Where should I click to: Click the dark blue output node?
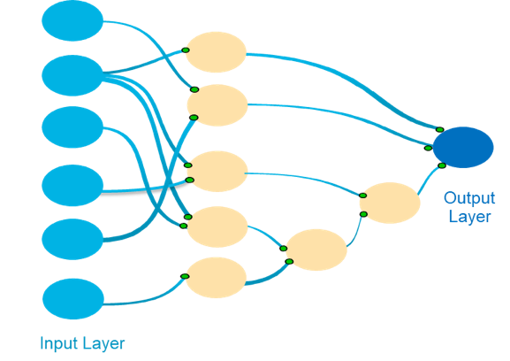click(x=463, y=148)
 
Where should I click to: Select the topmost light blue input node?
click(x=72, y=20)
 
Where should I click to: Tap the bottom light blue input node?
click(x=73, y=299)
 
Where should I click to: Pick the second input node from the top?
click(x=72, y=75)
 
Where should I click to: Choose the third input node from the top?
click(x=72, y=127)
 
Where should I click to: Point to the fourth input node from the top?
click(x=72, y=185)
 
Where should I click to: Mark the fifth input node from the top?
click(x=72, y=239)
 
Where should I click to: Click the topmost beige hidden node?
click(x=216, y=52)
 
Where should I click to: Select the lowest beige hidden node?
click(x=216, y=278)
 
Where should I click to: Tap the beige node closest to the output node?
click(x=390, y=203)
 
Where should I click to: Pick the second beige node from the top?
click(x=217, y=105)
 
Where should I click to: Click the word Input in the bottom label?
click(x=59, y=343)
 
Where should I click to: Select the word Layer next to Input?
click(x=103, y=344)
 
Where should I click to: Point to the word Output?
click(x=469, y=197)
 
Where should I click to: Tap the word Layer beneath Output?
click(x=469, y=217)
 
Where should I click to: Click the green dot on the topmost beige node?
click(x=186, y=50)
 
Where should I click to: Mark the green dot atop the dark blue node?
click(x=440, y=129)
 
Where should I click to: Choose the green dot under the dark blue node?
click(x=442, y=165)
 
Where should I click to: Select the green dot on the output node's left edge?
click(x=428, y=148)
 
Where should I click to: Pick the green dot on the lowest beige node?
click(x=185, y=276)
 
